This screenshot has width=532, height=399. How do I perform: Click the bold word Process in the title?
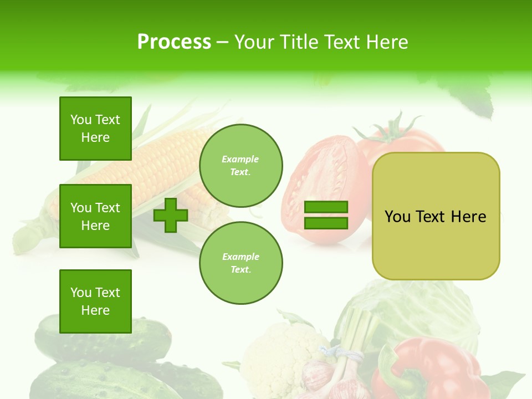pyautogui.click(x=174, y=42)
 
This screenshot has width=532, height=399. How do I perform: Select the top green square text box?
pyautogui.click(x=95, y=129)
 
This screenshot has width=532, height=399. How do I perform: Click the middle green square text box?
pyautogui.click(x=95, y=216)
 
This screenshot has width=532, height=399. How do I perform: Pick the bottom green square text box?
pyautogui.click(x=95, y=301)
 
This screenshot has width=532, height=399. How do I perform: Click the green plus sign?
pyautogui.click(x=171, y=216)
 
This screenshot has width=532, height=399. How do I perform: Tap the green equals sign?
pyautogui.click(x=326, y=215)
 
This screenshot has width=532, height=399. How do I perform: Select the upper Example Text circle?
pyautogui.click(x=241, y=165)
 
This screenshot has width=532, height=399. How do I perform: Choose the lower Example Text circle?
pyautogui.click(x=241, y=263)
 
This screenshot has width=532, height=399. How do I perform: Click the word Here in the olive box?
pyautogui.click(x=468, y=217)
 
